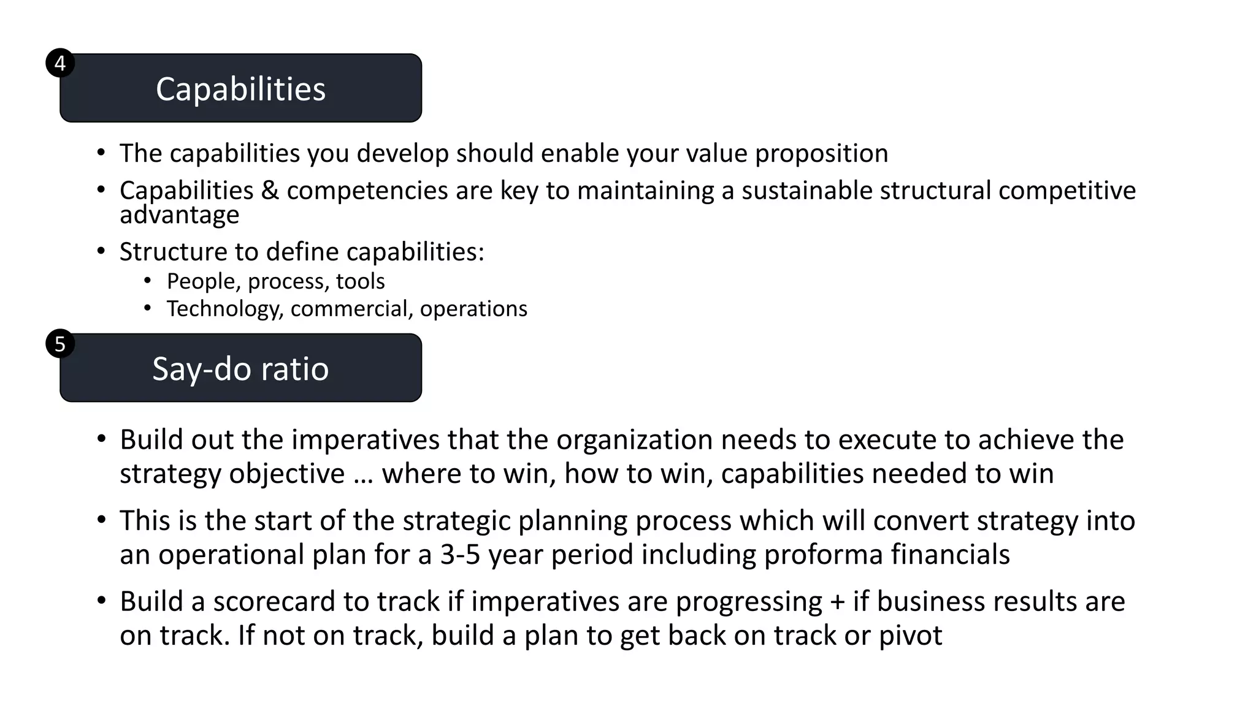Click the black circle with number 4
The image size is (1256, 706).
60,63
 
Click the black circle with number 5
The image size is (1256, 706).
60,344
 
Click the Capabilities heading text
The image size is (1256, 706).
240,89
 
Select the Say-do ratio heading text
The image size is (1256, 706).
240,369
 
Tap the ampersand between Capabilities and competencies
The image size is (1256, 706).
270,191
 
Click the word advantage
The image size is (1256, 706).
179,215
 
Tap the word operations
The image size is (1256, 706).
473,309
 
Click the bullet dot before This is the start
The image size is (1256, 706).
102,520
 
